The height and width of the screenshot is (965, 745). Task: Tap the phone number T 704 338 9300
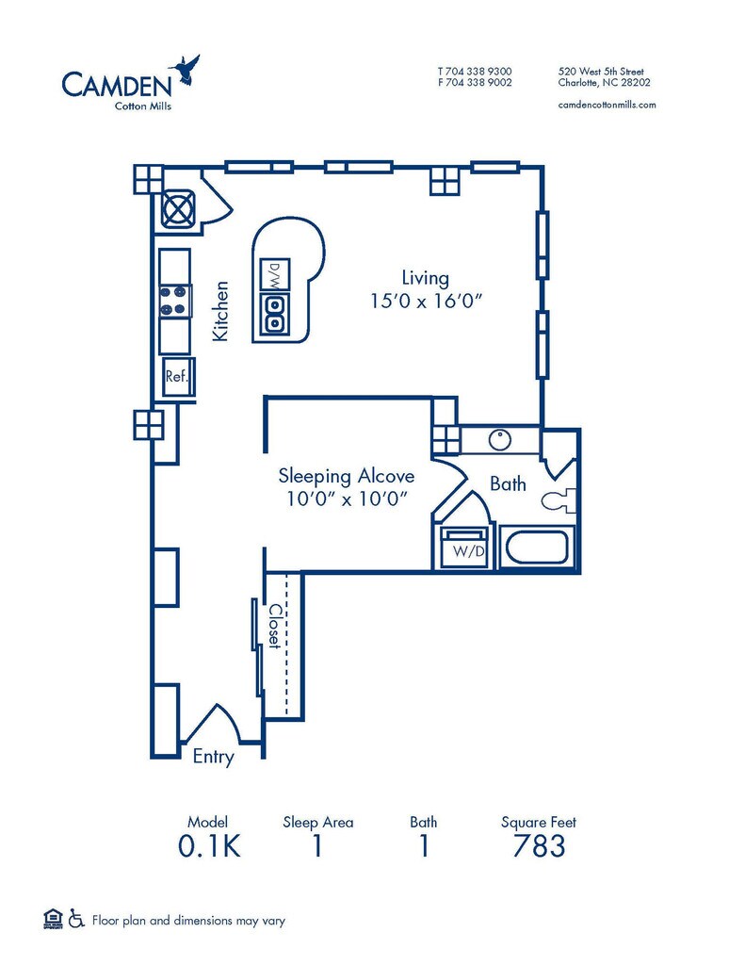[x=475, y=72]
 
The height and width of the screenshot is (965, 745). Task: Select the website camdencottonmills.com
[x=607, y=105]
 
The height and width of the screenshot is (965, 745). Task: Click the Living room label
[x=425, y=278]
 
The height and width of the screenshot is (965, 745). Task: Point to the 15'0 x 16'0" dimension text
[x=425, y=301]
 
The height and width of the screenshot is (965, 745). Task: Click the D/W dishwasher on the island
[x=275, y=276]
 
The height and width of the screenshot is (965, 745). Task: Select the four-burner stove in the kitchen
[x=175, y=302]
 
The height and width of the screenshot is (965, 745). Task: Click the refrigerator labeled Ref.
[x=178, y=377]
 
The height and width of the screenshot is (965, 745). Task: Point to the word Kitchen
[x=220, y=311]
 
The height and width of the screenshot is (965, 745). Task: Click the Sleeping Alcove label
[x=347, y=476]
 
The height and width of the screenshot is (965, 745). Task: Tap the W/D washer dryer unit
[x=465, y=547]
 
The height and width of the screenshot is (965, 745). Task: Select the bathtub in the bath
[x=537, y=547]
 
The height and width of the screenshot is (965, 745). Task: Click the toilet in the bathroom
[x=559, y=500]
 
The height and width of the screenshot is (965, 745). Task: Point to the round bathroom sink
[x=499, y=440]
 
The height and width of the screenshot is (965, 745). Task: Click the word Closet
[x=275, y=626]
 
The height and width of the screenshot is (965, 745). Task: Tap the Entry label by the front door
[x=214, y=757]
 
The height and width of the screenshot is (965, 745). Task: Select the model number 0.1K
[x=209, y=846]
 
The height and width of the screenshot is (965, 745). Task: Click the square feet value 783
[x=539, y=846]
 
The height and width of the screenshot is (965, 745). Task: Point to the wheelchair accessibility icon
[x=76, y=918]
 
